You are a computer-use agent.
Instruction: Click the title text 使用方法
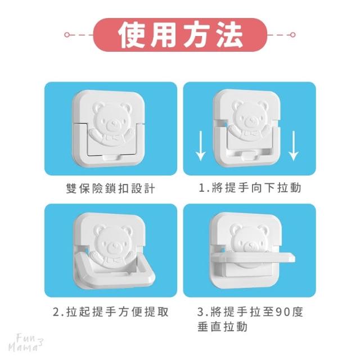pos(181,35)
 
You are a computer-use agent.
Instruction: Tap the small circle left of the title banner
pos(67,35)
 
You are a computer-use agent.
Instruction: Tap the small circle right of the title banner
pos(292,35)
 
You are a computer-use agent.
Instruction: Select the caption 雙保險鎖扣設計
pos(110,188)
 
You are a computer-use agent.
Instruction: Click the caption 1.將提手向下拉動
pos(250,188)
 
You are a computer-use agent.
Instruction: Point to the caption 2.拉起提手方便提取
pos(111,312)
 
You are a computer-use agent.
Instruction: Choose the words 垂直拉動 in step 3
pos(222,327)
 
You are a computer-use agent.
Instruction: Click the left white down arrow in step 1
pos(201,146)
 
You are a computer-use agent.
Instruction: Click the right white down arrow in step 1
pos(294,146)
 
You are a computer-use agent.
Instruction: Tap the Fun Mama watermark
pos(26,343)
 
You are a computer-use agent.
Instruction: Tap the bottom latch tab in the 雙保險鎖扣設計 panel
pos(111,157)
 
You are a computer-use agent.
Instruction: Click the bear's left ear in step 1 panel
pos(237,106)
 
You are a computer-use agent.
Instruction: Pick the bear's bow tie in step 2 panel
pos(112,260)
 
